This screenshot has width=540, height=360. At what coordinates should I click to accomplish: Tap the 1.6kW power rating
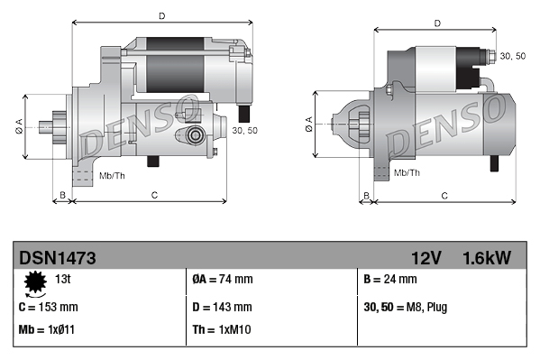tap(486, 258)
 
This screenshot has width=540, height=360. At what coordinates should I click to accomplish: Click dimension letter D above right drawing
tap(436, 23)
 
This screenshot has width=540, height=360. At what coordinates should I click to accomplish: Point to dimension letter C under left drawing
tap(154, 194)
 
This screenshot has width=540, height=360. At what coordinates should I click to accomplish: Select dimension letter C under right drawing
tap(444, 194)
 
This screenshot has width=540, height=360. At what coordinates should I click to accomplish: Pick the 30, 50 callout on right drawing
tap(513, 56)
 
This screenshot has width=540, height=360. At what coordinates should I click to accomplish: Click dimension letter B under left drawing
tap(62, 194)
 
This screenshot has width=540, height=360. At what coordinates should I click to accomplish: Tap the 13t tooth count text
tap(64, 280)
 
